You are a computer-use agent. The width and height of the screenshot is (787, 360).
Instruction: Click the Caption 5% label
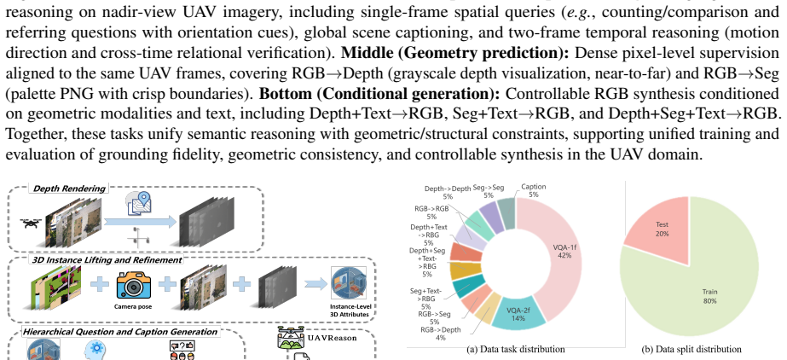click(533, 190)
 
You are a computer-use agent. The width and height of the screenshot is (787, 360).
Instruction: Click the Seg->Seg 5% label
click(489, 191)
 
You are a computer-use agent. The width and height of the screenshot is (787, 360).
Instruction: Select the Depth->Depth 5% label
click(448, 193)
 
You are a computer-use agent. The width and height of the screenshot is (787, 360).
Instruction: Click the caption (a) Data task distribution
click(516, 349)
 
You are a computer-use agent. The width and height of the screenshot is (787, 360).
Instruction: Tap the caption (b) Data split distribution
click(692, 349)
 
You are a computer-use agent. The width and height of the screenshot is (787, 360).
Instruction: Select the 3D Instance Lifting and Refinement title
click(107, 260)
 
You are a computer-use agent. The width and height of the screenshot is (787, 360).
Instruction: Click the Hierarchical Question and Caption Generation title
click(120, 332)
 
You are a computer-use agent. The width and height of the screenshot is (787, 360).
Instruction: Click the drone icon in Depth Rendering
click(31, 223)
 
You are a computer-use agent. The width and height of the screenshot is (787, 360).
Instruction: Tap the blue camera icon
click(134, 285)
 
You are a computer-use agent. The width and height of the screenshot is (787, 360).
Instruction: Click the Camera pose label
click(133, 306)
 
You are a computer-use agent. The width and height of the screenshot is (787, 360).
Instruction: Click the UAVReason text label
click(332, 338)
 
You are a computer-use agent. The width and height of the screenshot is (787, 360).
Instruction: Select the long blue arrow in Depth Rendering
click(140, 222)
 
